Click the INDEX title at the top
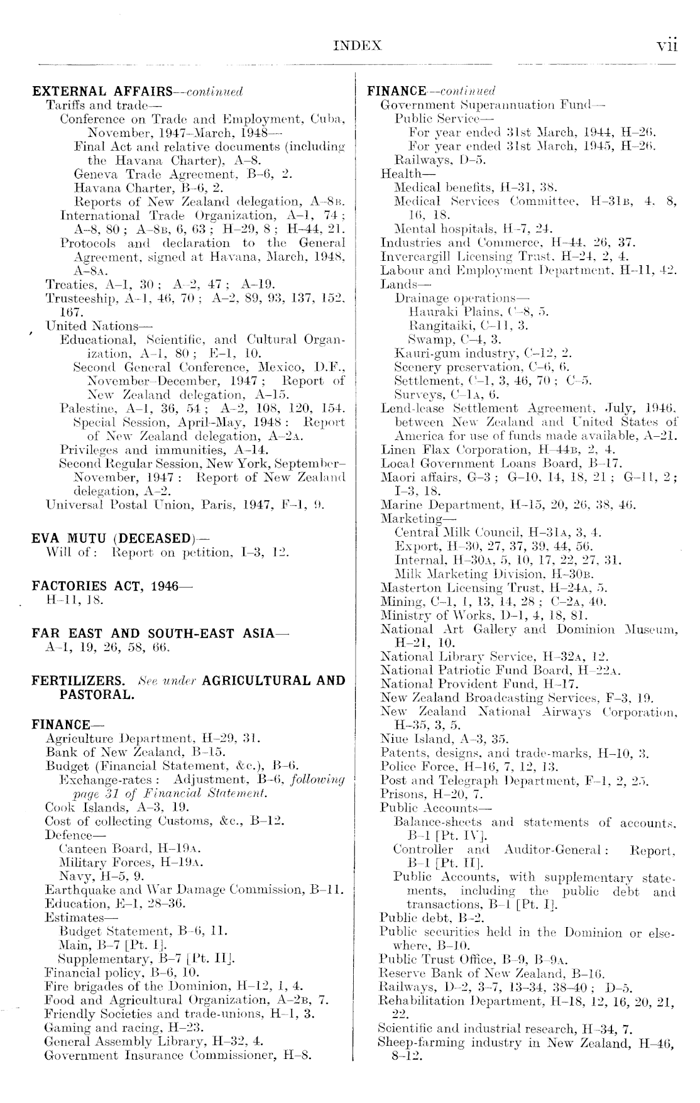tap(358, 46)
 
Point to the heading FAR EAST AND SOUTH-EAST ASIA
tap(153, 634)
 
